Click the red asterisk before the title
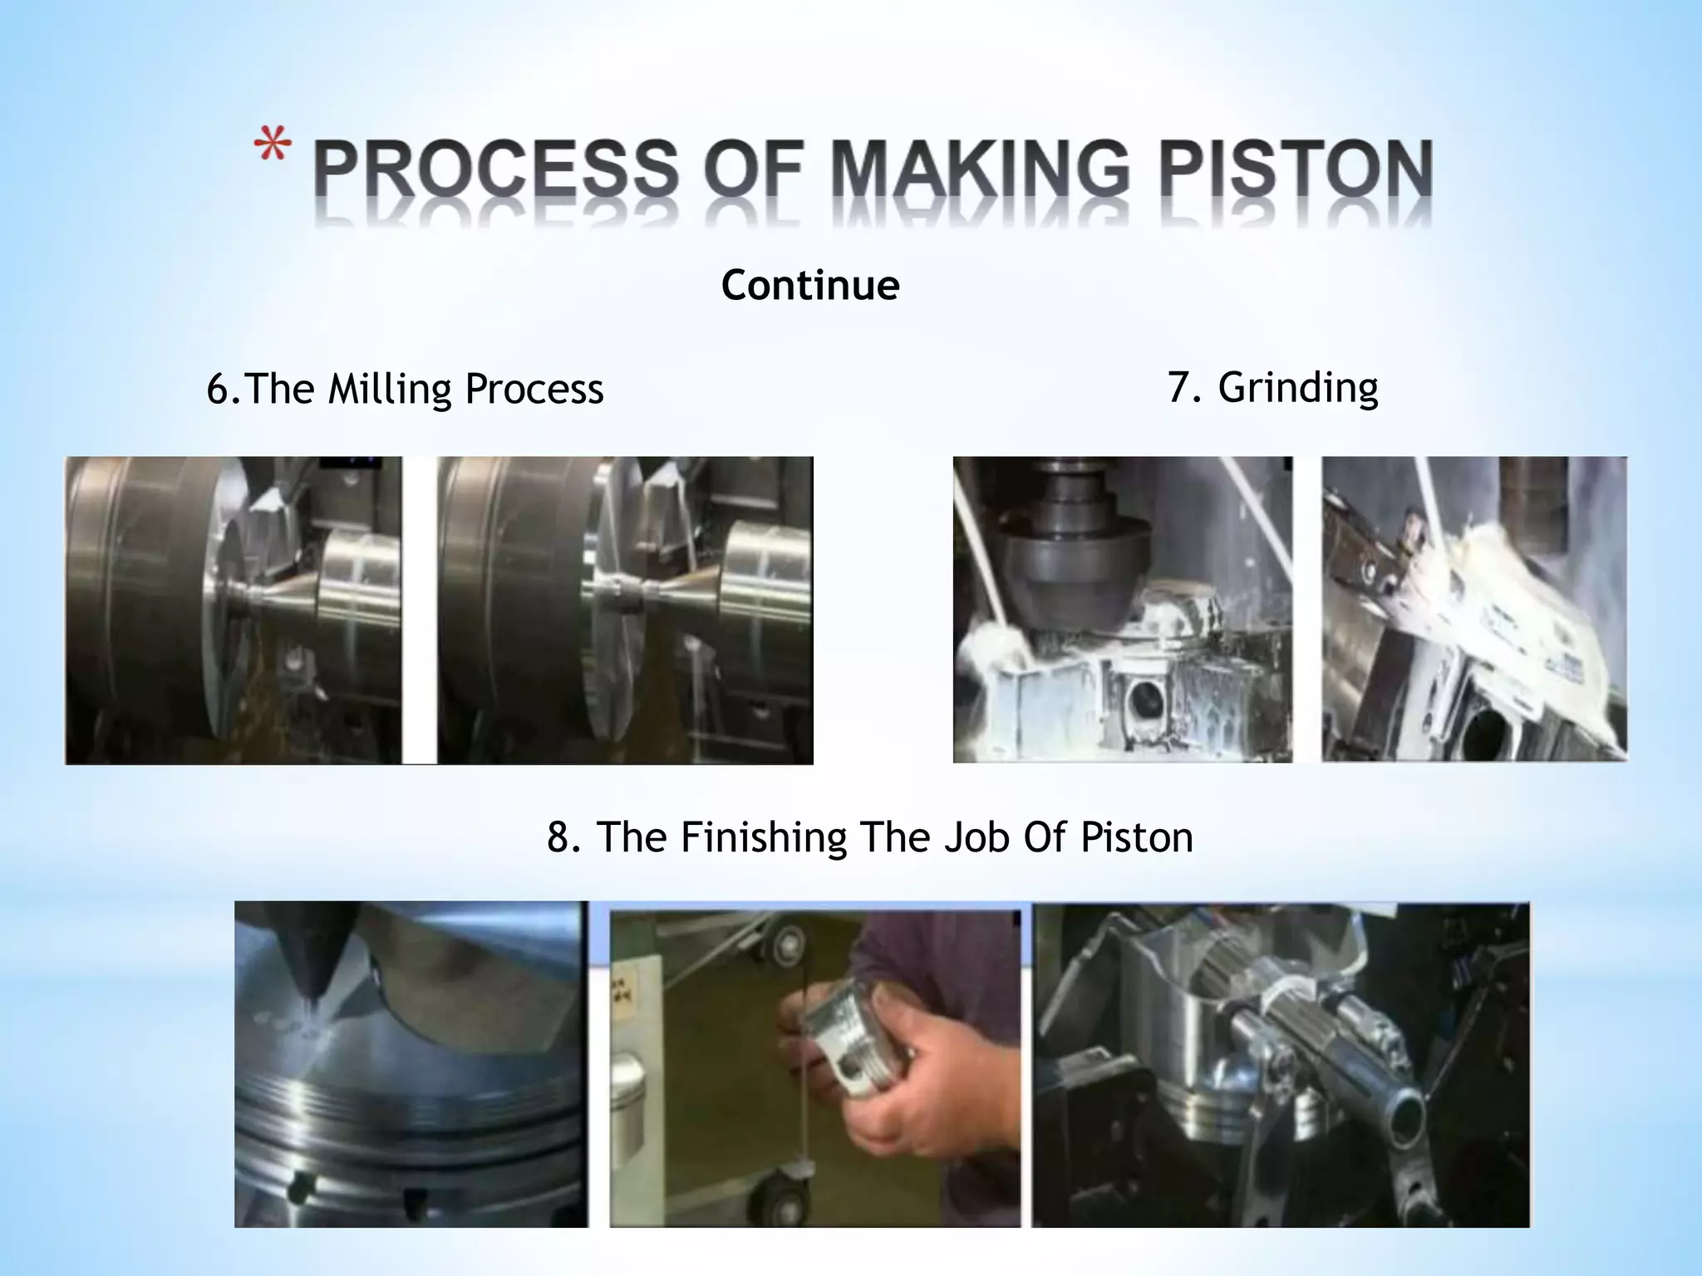point(272,147)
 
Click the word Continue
point(810,285)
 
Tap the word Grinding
point(1298,387)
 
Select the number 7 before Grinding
point(1178,387)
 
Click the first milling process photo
point(234,610)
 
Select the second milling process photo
point(625,610)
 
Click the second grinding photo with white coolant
point(1474,610)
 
